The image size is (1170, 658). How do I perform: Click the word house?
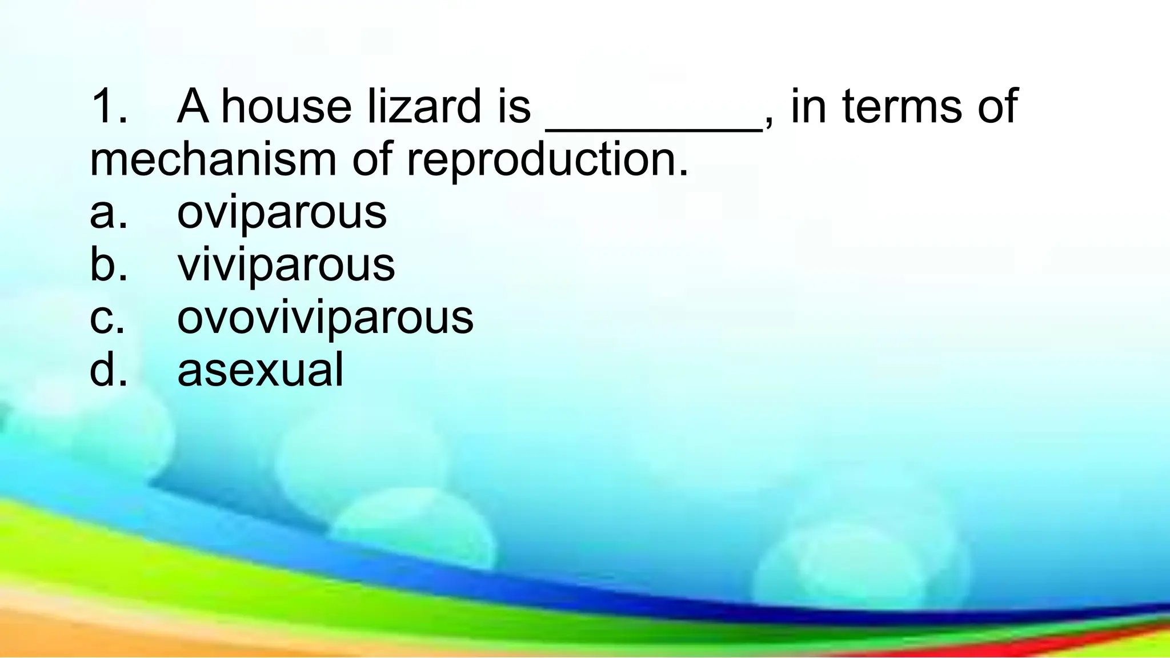pos(286,106)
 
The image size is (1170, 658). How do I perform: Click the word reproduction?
pos(547,160)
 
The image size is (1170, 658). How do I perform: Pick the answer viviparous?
pos(286,265)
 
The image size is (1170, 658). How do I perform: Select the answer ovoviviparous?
pos(325,318)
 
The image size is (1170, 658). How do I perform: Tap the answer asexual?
pos(261,370)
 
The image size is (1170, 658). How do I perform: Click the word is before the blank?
pos(514,106)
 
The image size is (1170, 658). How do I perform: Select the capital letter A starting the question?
pos(193,106)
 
